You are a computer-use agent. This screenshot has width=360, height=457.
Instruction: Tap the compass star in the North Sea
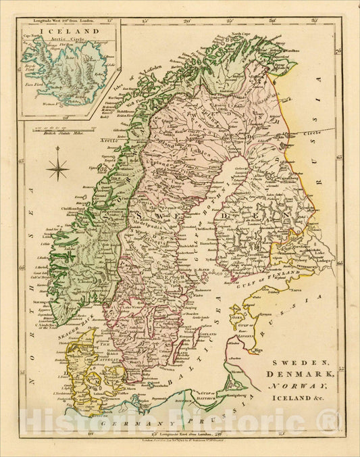(x=59, y=166)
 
